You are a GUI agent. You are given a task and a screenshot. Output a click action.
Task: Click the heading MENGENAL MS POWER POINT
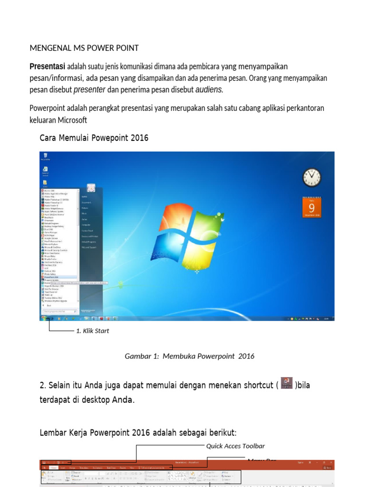click(84, 48)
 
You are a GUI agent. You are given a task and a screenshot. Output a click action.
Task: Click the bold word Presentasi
click(47, 66)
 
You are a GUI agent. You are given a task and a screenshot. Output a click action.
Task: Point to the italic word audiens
click(208, 89)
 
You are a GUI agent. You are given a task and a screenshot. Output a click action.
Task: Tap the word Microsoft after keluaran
click(72, 120)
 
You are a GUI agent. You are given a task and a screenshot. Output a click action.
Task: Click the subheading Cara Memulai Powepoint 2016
click(94, 138)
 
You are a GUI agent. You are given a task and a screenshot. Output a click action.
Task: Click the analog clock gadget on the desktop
click(312, 177)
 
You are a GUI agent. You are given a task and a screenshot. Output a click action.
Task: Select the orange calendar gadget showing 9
click(312, 207)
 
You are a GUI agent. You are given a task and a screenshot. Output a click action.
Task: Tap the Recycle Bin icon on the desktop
click(45, 156)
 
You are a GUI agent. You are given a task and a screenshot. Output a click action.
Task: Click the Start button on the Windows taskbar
click(44, 318)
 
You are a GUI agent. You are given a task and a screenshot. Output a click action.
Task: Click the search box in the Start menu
click(58, 311)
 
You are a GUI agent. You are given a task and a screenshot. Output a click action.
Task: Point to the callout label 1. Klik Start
click(92, 331)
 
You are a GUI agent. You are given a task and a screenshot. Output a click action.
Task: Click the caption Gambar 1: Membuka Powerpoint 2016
click(189, 356)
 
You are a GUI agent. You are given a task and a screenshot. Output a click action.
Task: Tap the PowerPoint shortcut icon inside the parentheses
click(287, 383)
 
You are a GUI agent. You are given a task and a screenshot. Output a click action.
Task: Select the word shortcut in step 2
click(255, 385)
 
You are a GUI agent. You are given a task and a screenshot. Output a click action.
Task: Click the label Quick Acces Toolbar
click(235, 446)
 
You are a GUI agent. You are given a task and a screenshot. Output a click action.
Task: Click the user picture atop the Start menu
click(91, 188)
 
